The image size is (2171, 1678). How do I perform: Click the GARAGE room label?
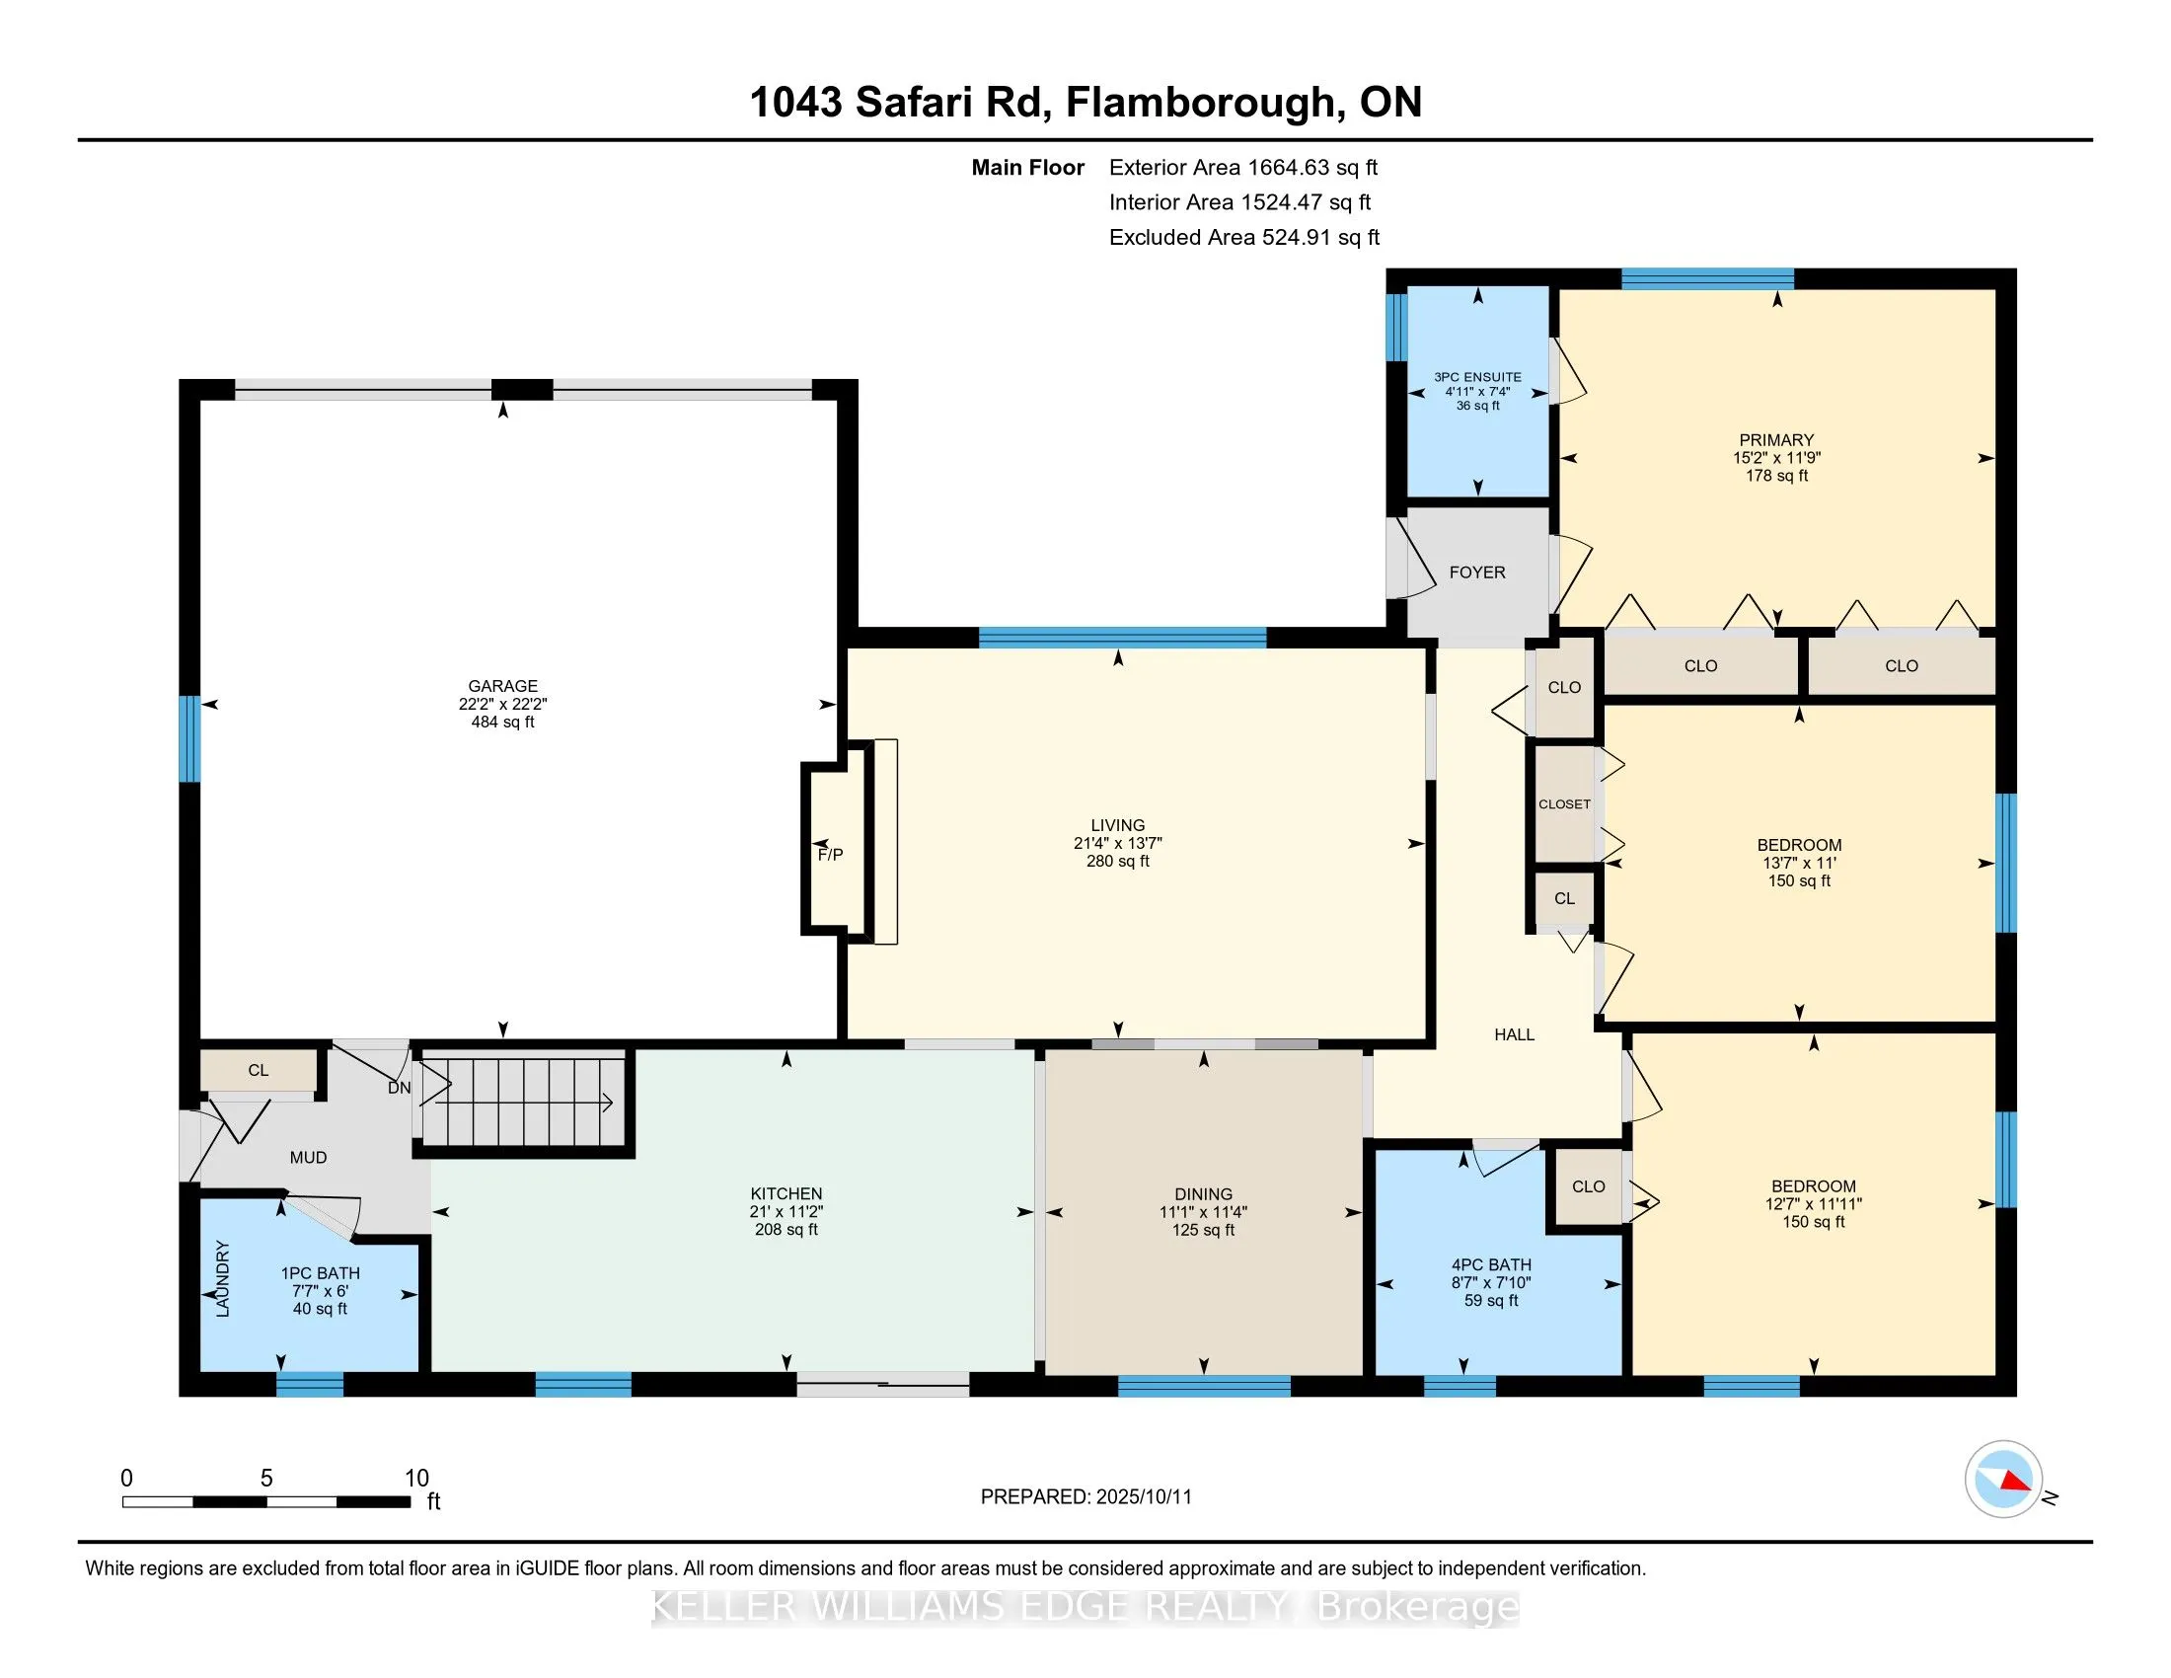(x=503, y=686)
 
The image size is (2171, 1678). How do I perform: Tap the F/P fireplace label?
(x=830, y=855)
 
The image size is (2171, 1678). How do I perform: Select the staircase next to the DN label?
(x=524, y=1102)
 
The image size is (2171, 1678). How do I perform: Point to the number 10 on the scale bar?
(x=416, y=1479)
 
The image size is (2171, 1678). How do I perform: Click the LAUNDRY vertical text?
(x=223, y=1279)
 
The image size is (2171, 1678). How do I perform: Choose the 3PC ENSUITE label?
(x=1477, y=377)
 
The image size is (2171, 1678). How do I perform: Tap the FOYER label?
(x=1477, y=572)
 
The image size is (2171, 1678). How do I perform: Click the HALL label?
(x=1514, y=1034)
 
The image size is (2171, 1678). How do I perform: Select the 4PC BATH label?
(x=1491, y=1265)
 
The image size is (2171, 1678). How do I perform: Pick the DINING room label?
(x=1203, y=1194)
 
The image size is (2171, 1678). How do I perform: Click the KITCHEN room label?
(x=786, y=1194)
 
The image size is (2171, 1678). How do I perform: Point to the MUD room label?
(x=308, y=1157)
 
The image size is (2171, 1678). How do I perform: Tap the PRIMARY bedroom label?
(x=1776, y=440)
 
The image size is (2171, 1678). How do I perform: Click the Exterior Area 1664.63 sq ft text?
(x=1243, y=167)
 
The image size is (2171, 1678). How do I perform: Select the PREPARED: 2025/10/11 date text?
(x=1086, y=1497)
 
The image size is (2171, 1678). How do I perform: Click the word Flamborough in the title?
(x=1200, y=103)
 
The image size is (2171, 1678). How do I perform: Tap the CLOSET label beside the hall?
(x=1565, y=804)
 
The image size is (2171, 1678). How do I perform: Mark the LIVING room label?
(x=1117, y=825)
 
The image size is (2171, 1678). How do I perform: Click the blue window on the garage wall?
(x=189, y=738)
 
